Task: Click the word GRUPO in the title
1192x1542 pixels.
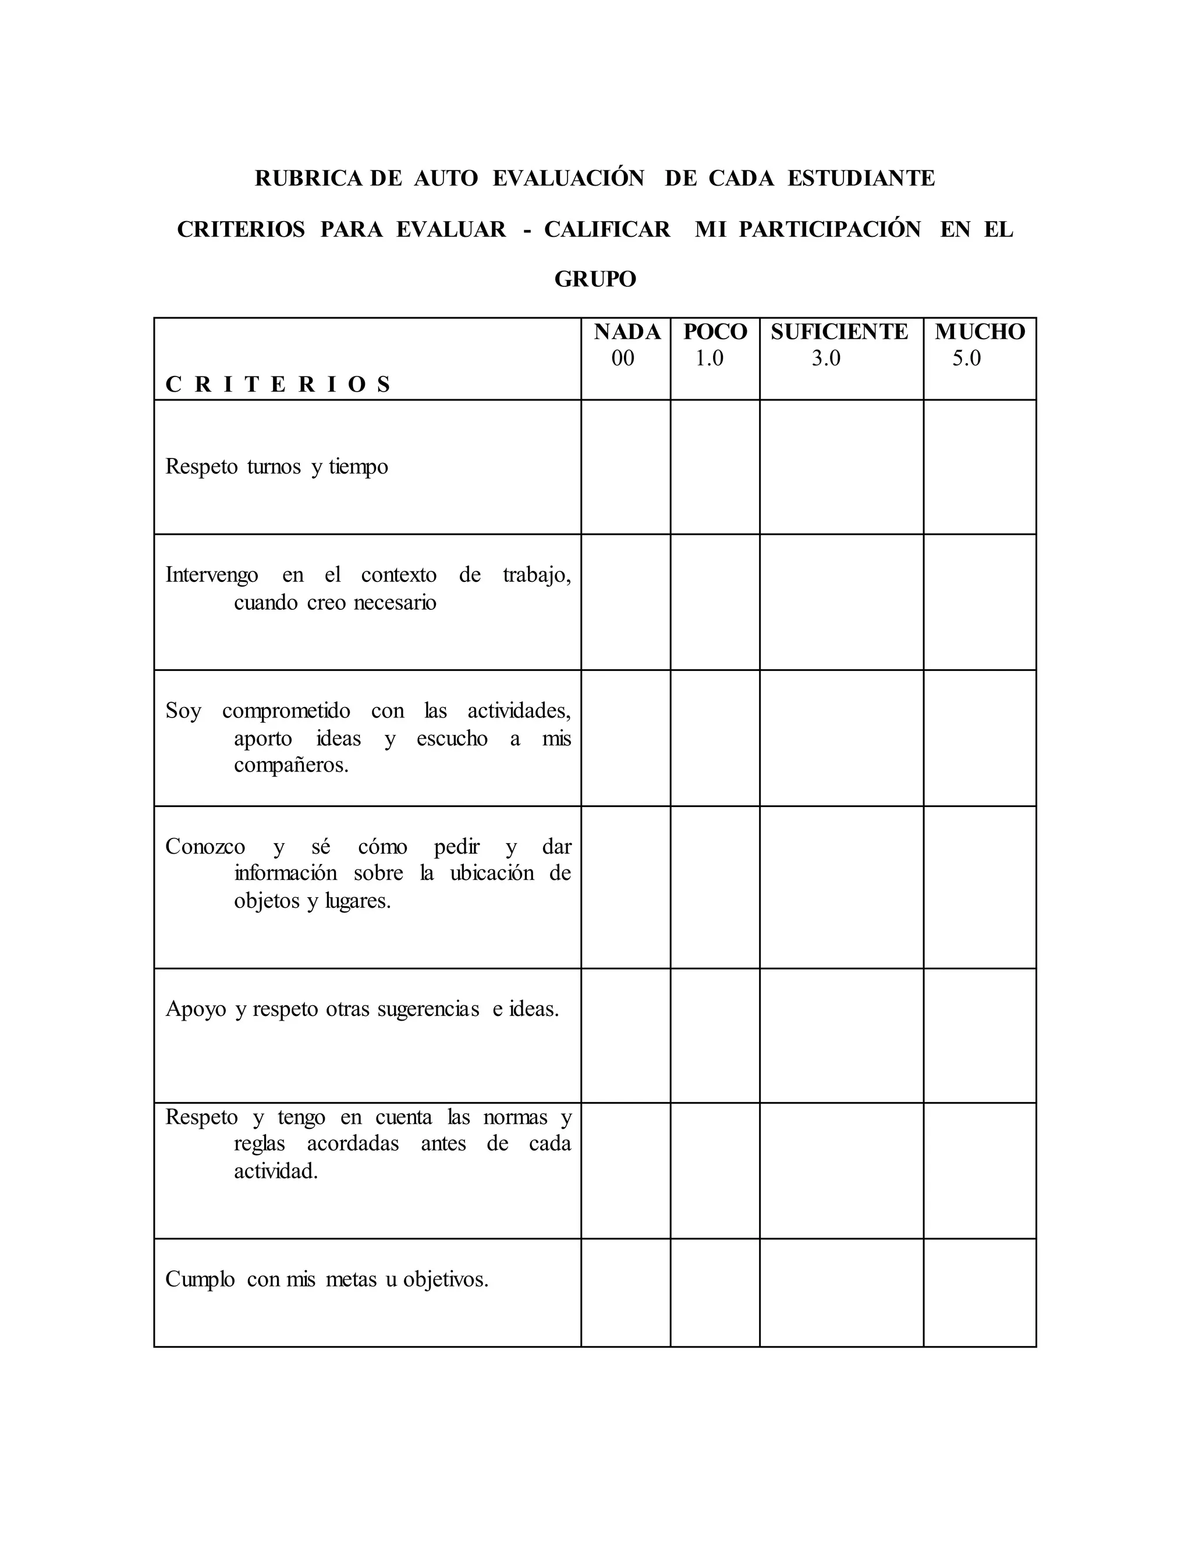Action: pyautogui.click(x=595, y=279)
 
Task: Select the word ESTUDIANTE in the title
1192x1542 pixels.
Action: pyautogui.click(x=861, y=178)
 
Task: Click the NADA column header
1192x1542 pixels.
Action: pyautogui.click(x=627, y=332)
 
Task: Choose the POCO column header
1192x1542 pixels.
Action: pyautogui.click(x=715, y=332)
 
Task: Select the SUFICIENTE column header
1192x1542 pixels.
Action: pyautogui.click(x=840, y=332)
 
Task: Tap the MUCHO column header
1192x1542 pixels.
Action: pyautogui.click(x=980, y=332)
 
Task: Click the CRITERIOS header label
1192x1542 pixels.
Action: pyautogui.click(x=278, y=385)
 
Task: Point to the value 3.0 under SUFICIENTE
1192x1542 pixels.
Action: pyautogui.click(x=825, y=358)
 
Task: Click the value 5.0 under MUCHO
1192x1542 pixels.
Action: pyautogui.click(x=966, y=358)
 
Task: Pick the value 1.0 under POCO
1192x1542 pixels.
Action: pyautogui.click(x=709, y=358)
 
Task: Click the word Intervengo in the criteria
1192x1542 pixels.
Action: pyautogui.click(x=212, y=575)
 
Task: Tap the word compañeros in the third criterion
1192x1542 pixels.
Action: pyautogui.click(x=291, y=765)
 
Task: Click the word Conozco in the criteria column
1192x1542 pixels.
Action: pyautogui.click(x=205, y=847)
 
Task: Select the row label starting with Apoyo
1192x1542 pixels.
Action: pyautogui.click(x=361, y=1009)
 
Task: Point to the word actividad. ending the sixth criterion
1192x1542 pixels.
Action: pyautogui.click(x=276, y=1171)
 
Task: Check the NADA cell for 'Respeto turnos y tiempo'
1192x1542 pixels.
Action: pyautogui.click(x=626, y=467)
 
